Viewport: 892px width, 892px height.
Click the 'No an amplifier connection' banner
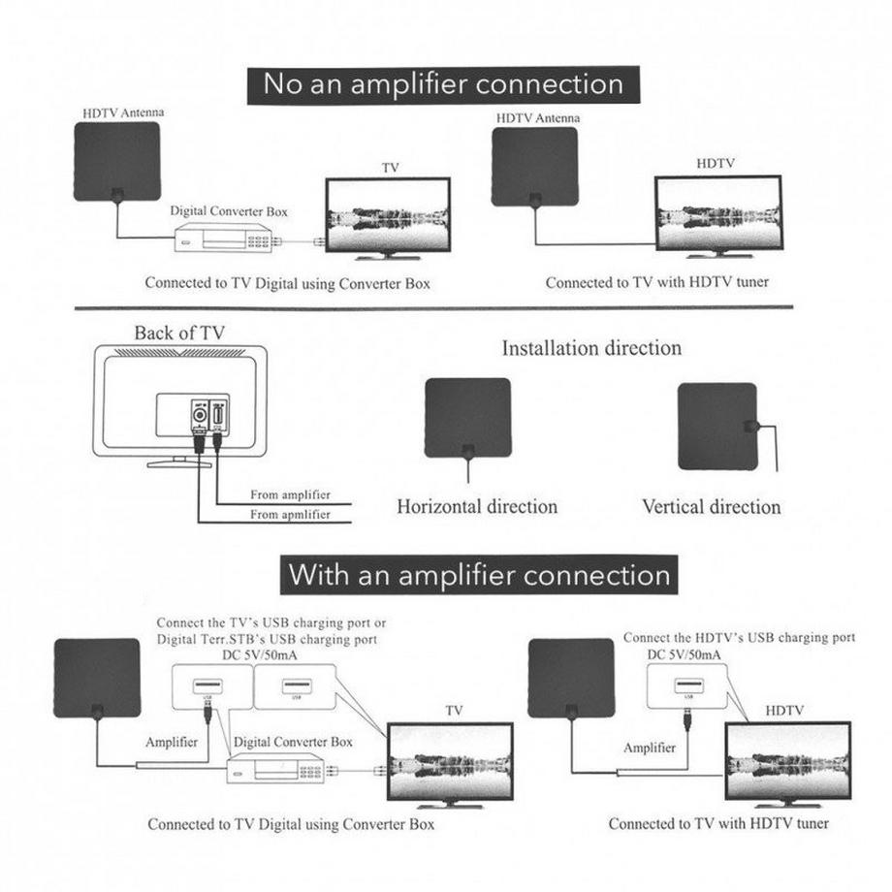443,83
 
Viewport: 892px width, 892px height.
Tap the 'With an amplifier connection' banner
479,575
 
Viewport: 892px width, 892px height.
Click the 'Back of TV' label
179,333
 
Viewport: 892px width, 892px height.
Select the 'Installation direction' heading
591,347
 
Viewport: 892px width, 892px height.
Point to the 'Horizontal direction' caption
477,506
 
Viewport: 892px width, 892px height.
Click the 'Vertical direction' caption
711,506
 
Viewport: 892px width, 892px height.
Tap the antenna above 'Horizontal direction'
467,417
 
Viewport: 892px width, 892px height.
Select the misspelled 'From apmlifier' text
290,514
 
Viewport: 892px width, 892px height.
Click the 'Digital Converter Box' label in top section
229,209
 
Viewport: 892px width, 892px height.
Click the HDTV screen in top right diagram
718,215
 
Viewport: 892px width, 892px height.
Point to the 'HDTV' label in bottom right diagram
784,711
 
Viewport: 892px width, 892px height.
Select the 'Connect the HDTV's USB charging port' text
739,637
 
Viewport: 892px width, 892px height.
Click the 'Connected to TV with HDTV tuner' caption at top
655,283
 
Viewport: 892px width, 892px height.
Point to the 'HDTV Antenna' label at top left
122,112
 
